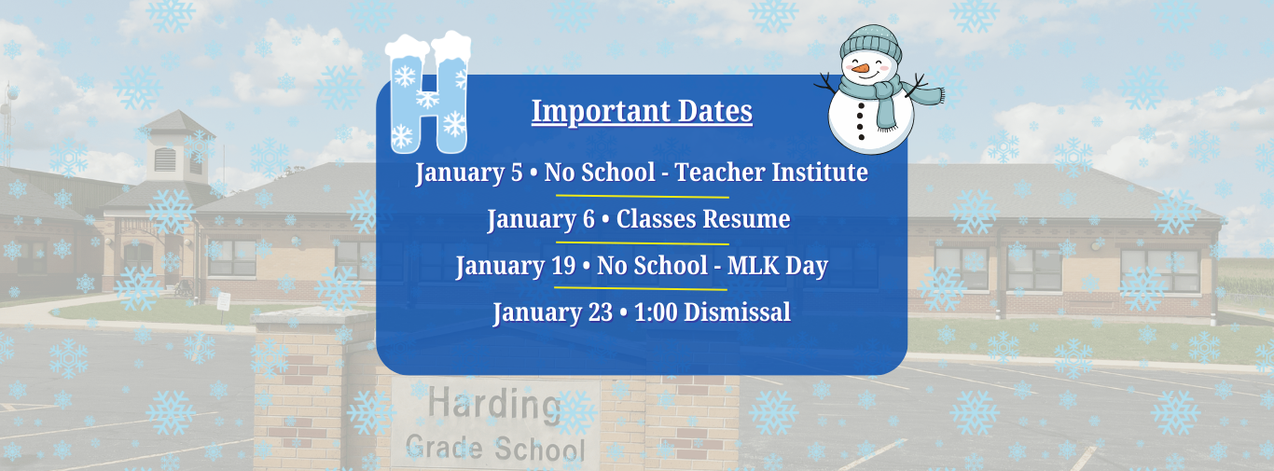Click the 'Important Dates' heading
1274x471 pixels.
pos(642,111)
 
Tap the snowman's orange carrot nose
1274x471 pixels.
pos(860,68)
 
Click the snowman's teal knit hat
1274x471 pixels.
pos(871,43)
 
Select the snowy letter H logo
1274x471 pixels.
pos(428,92)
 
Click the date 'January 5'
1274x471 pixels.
pos(468,173)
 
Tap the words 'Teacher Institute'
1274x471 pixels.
pos(771,172)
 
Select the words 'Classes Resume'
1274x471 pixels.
pos(703,218)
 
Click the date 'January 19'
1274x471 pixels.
pos(516,266)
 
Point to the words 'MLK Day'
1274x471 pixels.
pos(778,266)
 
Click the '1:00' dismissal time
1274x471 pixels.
pos(656,312)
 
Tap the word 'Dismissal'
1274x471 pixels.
pos(737,312)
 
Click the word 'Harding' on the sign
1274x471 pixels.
pos(494,405)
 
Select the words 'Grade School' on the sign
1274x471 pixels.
pos(495,449)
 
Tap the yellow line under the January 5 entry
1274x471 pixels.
pos(642,196)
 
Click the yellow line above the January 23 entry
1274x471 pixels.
pos(641,288)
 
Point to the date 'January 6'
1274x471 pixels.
pos(541,219)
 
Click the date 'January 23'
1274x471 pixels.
pos(552,312)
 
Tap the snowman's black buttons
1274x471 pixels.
pos(860,121)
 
